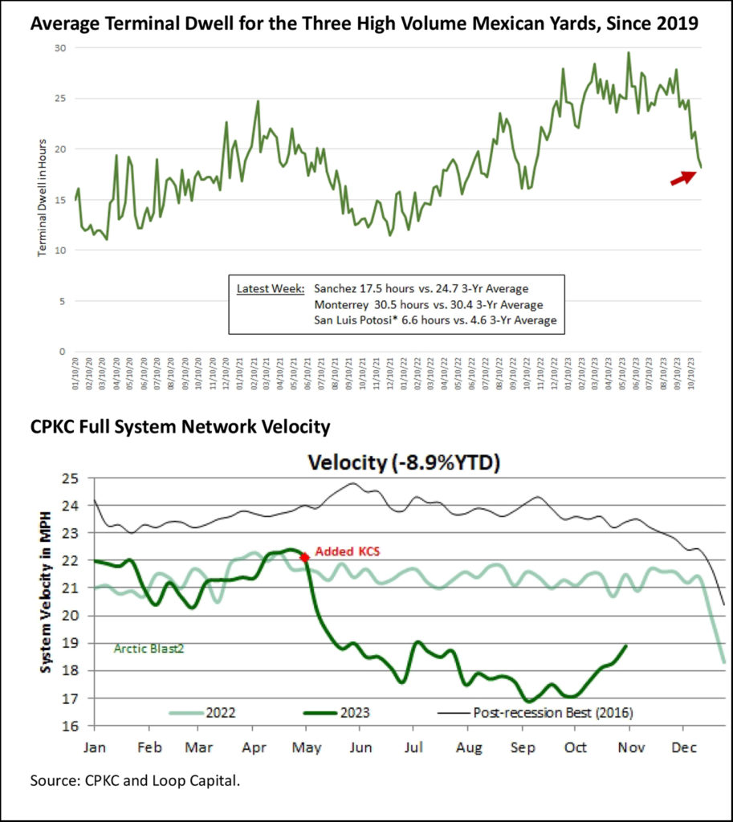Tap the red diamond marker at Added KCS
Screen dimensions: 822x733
(x=304, y=557)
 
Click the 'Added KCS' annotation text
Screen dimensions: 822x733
(x=346, y=552)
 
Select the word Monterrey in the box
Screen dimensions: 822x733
(x=344, y=304)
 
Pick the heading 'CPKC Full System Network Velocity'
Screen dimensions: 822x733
(x=181, y=427)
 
